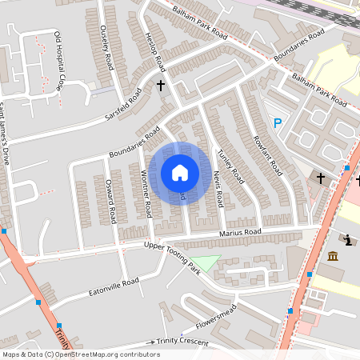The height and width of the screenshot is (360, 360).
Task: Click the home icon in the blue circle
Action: coord(179,172)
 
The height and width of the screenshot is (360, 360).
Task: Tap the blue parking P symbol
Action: coord(278,123)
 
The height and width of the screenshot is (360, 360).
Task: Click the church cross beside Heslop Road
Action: coord(160,85)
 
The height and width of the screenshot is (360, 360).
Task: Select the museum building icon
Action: coord(333,255)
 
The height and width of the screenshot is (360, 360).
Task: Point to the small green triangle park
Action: coord(207,263)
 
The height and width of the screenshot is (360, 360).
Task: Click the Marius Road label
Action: coord(241,232)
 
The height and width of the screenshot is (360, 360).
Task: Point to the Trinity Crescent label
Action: coord(184,342)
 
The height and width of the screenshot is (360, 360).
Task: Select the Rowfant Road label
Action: coord(267,154)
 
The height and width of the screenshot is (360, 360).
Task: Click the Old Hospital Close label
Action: coord(58,59)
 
